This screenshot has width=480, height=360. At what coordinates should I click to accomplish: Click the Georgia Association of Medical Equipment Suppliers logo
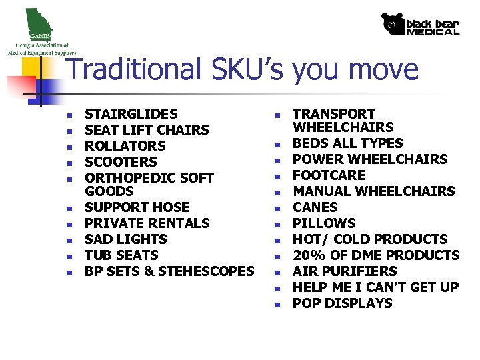41,32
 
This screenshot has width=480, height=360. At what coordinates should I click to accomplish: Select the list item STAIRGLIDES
131,114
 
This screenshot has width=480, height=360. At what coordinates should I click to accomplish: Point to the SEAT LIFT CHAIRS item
147,130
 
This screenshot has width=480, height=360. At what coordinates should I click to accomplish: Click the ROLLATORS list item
125,146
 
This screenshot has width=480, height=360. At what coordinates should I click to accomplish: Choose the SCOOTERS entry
121,162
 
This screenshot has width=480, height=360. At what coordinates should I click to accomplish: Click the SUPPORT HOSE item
137,207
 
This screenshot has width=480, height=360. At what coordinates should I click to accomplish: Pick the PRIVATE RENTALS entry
147,223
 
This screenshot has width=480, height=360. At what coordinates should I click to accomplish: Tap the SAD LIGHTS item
126,239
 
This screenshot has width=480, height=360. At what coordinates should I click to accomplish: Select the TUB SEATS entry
121,255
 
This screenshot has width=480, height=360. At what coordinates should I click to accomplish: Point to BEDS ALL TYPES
348,143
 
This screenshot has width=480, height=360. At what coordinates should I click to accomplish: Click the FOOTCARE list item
329,175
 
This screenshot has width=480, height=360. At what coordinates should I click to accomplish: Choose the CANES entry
315,207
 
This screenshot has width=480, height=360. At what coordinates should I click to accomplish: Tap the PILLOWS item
324,223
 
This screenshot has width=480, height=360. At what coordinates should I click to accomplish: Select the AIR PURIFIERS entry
345,271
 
